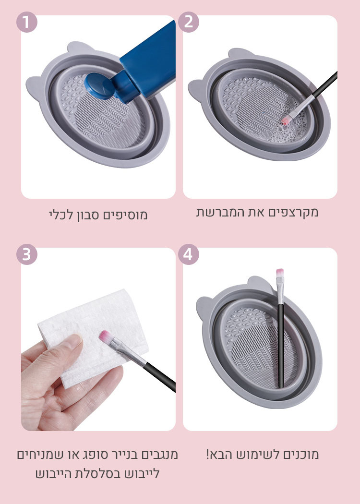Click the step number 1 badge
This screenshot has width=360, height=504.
[x=27, y=22]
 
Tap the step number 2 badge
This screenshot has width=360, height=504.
[x=188, y=22]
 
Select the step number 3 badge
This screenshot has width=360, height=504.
[x=27, y=254]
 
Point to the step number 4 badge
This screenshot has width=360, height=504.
[x=188, y=254]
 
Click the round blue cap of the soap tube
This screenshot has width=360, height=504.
[x=99, y=85]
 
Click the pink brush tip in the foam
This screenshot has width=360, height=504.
[x=286, y=120]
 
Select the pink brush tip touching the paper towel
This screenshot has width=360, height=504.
[x=105, y=337]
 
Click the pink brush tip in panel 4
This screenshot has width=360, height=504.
[x=280, y=273]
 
